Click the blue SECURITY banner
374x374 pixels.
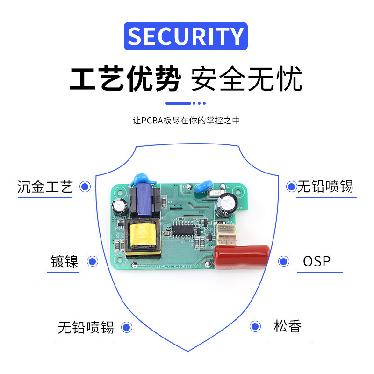186,36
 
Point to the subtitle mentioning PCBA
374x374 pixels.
187,120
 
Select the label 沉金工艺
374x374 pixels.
45,187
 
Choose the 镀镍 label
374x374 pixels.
65,261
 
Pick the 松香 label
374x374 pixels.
288,326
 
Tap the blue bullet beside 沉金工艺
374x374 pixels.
85,187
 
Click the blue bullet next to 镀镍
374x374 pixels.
93,261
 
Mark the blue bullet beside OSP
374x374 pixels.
283,261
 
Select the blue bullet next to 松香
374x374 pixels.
255,326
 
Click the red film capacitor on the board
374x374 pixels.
242,258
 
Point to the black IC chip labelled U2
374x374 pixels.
185,229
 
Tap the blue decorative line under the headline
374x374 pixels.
186,103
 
